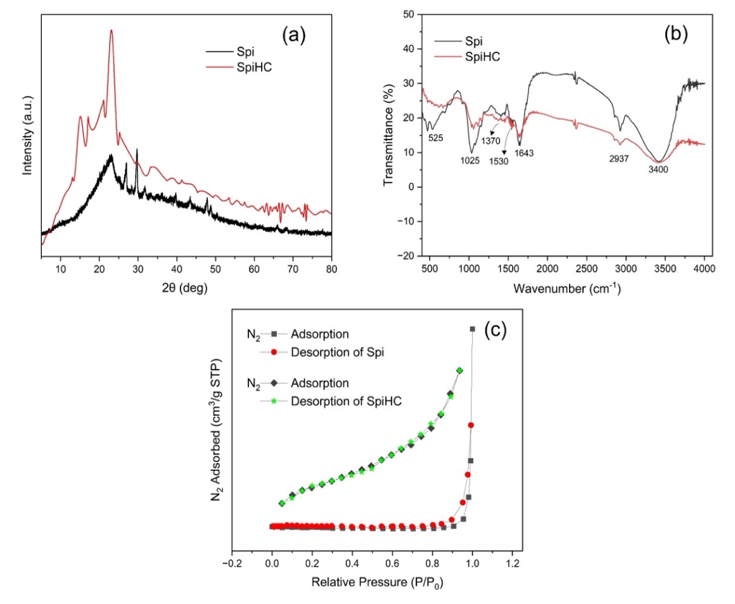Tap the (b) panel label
[x=675, y=35]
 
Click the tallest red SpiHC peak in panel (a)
[x=112, y=30]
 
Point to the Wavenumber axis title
[x=566, y=289]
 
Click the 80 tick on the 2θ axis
[x=331, y=269]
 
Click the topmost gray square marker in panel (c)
[x=472, y=329]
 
